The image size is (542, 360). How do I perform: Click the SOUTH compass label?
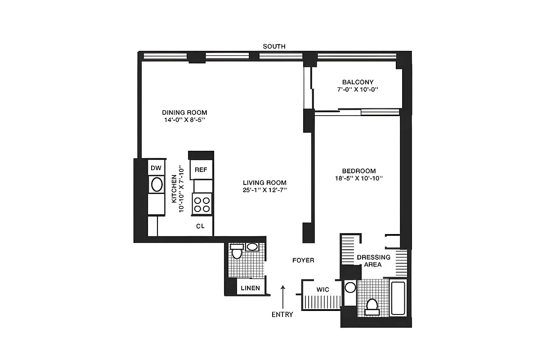274,46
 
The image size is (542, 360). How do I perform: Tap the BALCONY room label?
358,82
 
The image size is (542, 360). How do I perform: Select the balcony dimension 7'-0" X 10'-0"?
358,90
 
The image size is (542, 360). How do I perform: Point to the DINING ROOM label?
184,112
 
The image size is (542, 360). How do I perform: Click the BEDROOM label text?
358,171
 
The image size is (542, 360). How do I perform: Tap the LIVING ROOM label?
264,183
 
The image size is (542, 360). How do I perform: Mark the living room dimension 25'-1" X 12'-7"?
264,190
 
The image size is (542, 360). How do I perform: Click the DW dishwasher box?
156,168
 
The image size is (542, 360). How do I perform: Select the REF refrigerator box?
201,170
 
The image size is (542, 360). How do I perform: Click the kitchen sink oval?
157,184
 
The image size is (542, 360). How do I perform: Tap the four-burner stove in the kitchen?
202,204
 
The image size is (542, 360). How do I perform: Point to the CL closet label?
200,226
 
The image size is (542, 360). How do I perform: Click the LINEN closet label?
250,288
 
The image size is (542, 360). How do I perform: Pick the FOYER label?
303,260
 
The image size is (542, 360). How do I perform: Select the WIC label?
323,290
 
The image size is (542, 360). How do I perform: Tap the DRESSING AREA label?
373,261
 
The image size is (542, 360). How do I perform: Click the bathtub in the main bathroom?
398,298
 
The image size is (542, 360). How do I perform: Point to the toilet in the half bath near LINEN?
237,253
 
